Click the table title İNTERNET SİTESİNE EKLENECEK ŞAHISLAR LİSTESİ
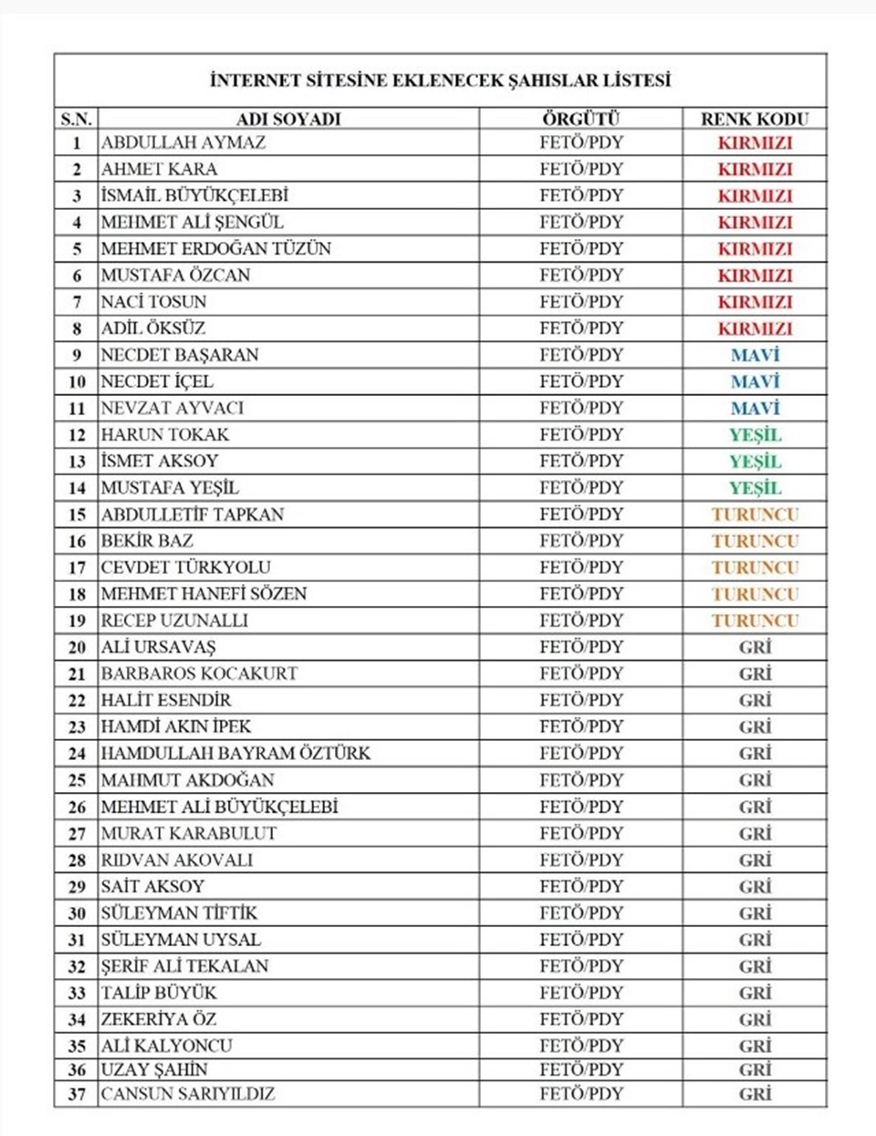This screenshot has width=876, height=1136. [x=440, y=80]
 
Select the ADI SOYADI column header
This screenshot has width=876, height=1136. [x=288, y=119]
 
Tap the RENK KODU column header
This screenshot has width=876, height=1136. [x=755, y=119]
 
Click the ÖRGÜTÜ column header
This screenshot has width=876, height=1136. [x=580, y=119]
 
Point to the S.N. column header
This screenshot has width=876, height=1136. [x=77, y=119]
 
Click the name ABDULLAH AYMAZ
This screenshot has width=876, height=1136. [x=183, y=142]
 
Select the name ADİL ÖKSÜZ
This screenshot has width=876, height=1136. [x=153, y=328]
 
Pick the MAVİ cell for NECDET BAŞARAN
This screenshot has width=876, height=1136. [x=755, y=355]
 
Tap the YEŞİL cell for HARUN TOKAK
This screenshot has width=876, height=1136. [x=755, y=434]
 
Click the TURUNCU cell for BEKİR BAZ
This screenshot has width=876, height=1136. [x=755, y=540]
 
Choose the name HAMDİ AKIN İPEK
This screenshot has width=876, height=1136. [x=176, y=726]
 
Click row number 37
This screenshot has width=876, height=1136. [x=77, y=1094]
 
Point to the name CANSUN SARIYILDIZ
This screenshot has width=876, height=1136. [x=188, y=1094]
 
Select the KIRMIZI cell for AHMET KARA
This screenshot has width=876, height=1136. [x=755, y=169]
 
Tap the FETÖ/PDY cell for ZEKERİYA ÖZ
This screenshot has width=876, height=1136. [x=580, y=1018]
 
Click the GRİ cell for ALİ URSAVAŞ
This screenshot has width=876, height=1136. [x=755, y=647]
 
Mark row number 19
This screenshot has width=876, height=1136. [x=77, y=620]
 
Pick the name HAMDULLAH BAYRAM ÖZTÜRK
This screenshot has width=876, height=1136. [x=235, y=753]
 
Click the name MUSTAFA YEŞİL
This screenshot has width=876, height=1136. [x=170, y=487]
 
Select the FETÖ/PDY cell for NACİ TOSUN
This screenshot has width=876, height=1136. [x=580, y=301]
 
